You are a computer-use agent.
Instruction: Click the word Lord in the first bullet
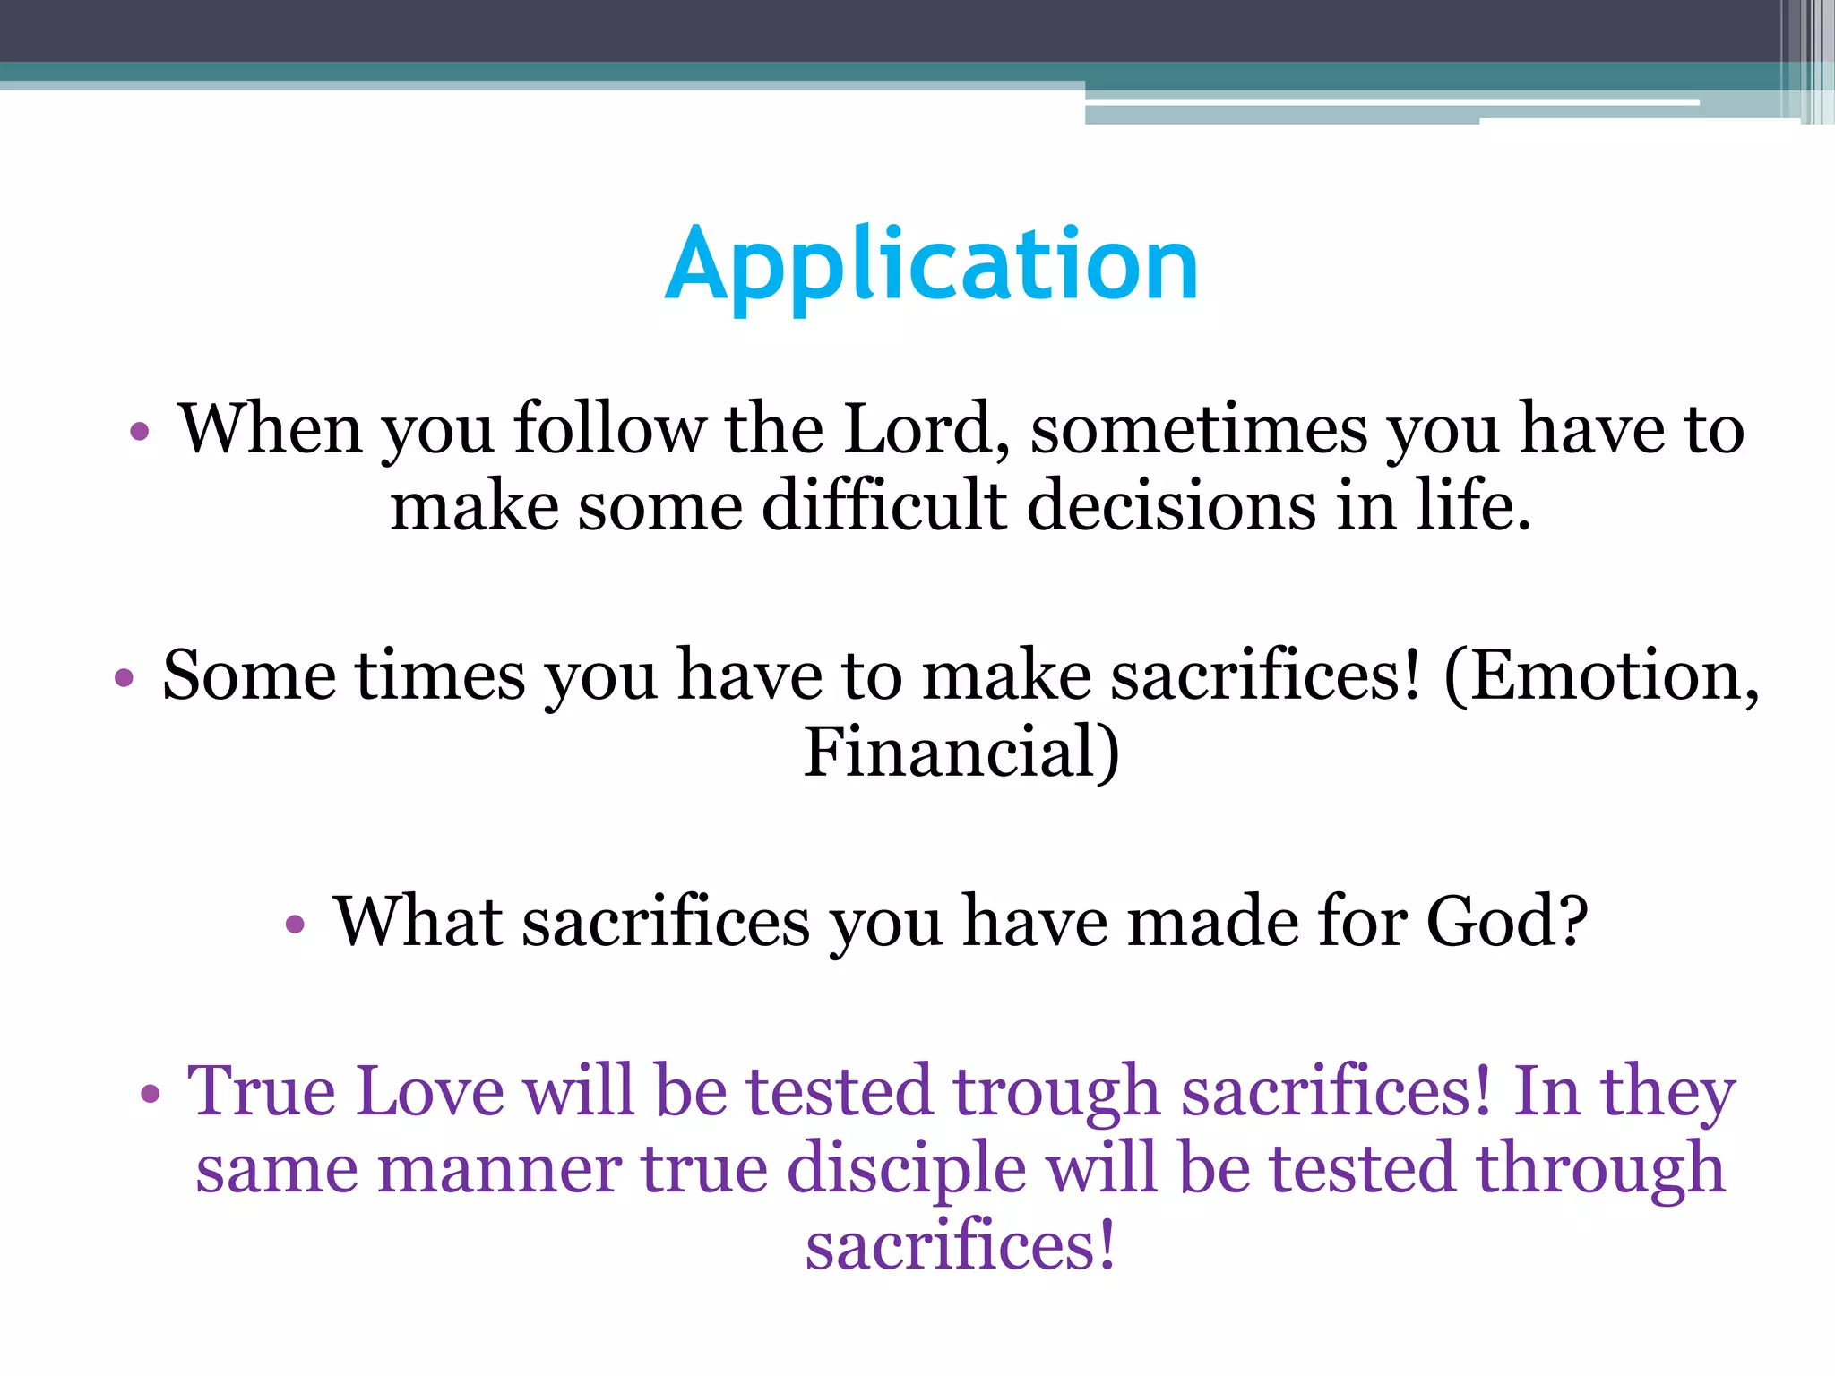click(x=918, y=429)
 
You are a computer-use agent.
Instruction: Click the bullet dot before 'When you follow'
click(x=139, y=433)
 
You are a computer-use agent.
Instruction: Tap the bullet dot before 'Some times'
click(x=124, y=678)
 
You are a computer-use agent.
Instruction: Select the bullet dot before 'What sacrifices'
click(x=295, y=924)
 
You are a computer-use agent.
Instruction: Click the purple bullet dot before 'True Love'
click(x=150, y=1094)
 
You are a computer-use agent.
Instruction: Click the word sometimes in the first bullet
click(x=1199, y=429)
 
